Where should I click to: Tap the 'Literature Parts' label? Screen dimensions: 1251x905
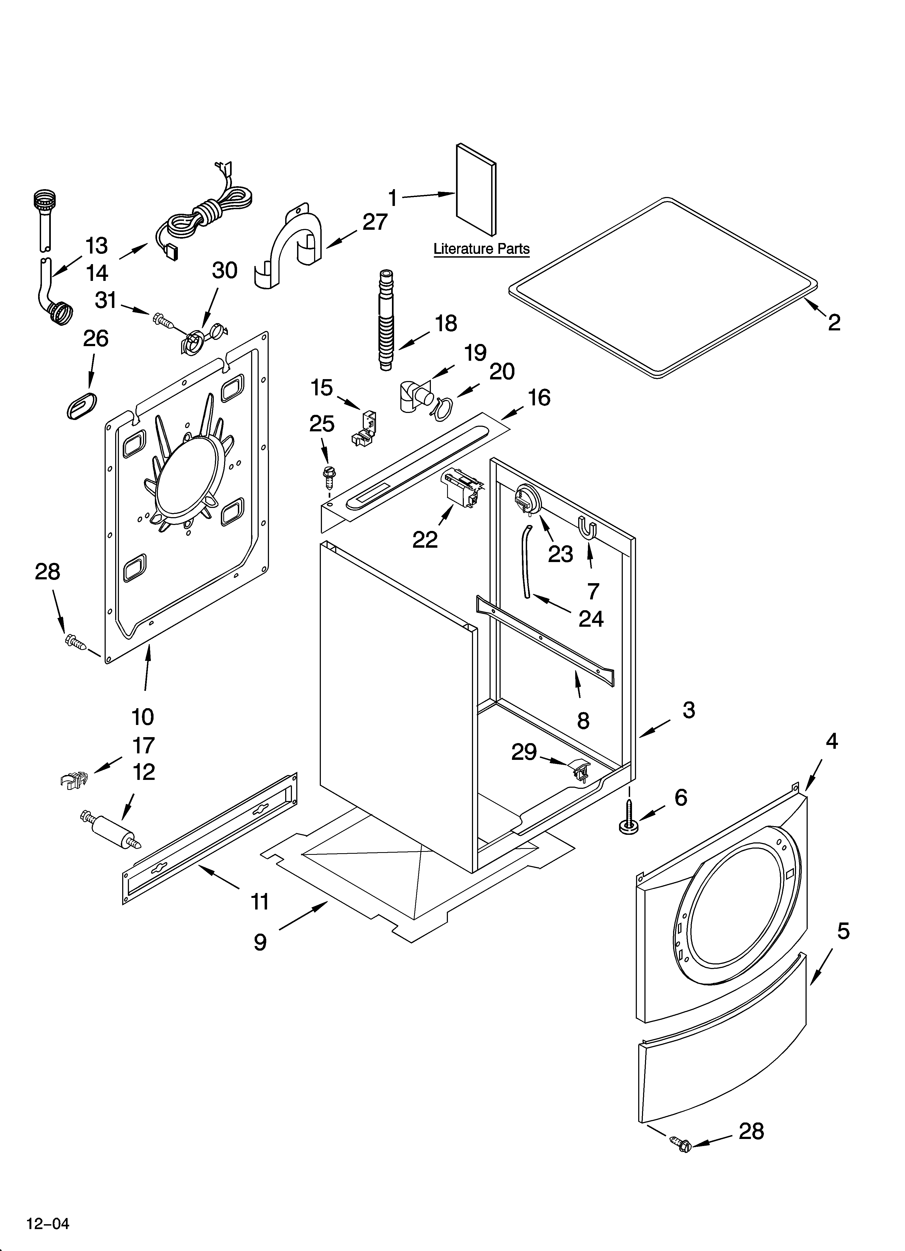tap(481, 249)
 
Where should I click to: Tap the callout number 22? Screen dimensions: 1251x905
tap(425, 540)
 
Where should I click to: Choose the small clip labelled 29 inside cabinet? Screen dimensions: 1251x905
tap(579, 768)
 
